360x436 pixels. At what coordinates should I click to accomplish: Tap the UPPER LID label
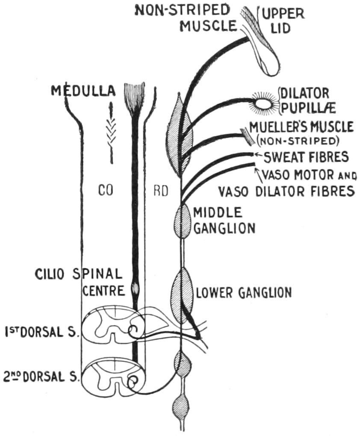point(283,20)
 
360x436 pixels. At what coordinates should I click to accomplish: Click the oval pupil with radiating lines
point(263,103)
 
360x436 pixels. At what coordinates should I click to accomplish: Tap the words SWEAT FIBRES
point(306,157)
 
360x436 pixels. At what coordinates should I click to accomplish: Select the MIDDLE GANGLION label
point(224,220)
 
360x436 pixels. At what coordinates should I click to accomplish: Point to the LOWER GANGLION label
point(244,293)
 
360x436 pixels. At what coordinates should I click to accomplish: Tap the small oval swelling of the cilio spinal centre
point(136,289)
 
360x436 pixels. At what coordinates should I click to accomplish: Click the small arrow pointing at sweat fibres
point(258,155)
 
